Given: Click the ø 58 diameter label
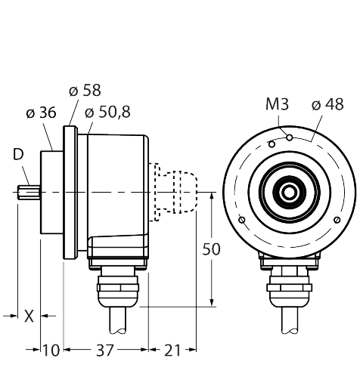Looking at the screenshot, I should click(84, 91).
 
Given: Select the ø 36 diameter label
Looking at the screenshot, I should click(39, 113).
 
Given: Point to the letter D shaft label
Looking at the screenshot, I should click(17, 155).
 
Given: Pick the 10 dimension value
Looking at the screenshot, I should click(51, 350).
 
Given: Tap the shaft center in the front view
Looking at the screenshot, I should click(289, 193).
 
